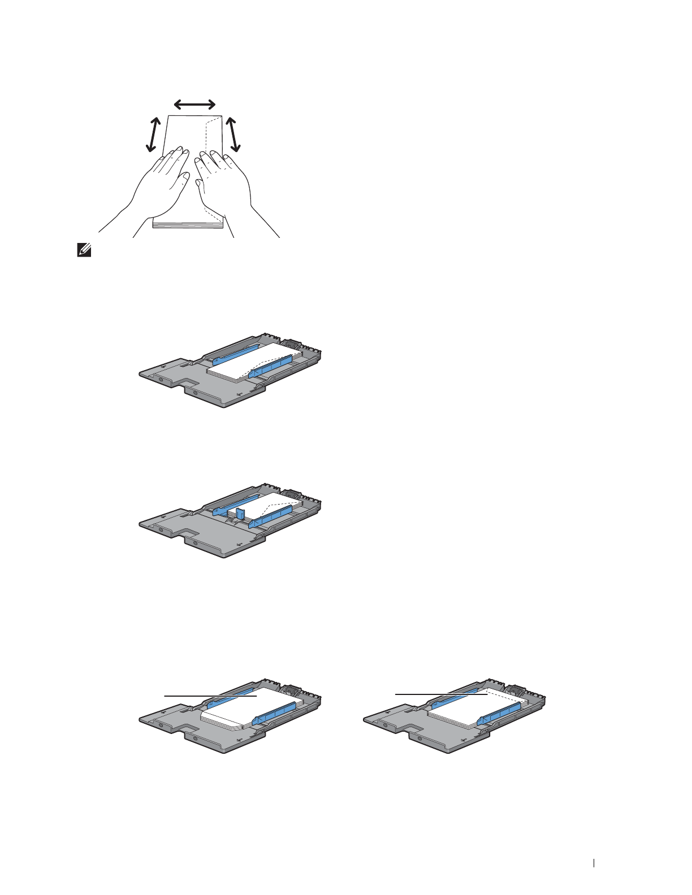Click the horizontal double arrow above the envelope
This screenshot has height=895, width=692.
point(194,104)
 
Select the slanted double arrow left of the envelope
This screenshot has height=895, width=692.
point(153,134)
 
